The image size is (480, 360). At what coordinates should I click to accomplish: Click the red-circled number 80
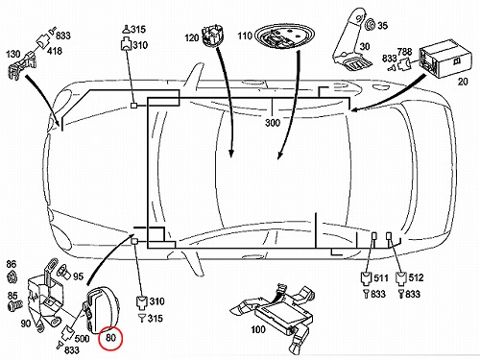click(x=110, y=338)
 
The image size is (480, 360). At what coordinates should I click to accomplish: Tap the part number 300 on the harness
click(x=273, y=123)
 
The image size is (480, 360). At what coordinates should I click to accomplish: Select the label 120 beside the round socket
click(x=192, y=37)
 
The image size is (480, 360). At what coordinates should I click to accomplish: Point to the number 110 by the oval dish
click(x=245, y=36)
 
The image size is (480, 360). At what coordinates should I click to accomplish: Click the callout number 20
click(x=463, y=82)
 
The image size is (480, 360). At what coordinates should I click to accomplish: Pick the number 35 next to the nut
click(x=382, y=25)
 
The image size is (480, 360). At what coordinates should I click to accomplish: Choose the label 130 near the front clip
click(x=13, y=54)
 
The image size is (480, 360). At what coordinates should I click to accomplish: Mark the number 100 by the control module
click(x=258, y=329)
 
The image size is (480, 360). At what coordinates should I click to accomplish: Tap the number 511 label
click(x=381, y=277)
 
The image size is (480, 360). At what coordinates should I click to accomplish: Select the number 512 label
click(x=416, y=277)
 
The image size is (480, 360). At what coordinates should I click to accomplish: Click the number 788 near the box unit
click(x=404, y=52)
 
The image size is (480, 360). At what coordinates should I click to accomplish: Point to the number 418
click(x=55, y=51)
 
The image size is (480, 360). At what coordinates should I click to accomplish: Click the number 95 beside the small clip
click(x=78, y=276)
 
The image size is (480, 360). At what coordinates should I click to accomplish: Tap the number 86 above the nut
click(x=11, y=264)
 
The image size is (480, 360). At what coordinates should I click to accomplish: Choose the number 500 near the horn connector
click(x=82, y=338)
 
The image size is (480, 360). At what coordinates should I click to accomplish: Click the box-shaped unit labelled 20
click(x=444, y=59)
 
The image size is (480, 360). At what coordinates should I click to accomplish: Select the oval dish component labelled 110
click(x=284, y=36)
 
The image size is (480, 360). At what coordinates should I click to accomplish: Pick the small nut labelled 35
click(x=371, y=24)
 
